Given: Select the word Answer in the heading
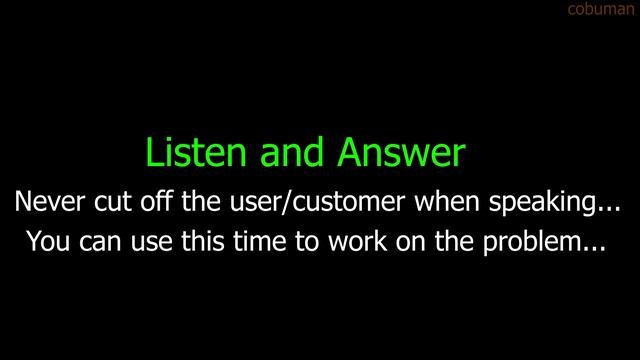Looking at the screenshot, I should pos(401,153).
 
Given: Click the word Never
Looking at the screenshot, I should pos(49,202).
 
